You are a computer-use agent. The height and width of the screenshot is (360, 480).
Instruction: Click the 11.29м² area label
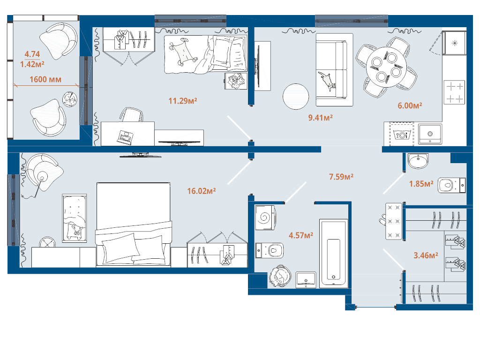point(183,101)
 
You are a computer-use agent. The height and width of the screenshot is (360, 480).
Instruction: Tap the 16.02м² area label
point(202,191)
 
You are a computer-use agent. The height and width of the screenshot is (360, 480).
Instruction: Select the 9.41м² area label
point(321,118)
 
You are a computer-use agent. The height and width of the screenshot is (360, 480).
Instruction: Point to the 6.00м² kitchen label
point(410,105)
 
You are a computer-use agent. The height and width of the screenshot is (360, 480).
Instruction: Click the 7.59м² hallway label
point(341,177)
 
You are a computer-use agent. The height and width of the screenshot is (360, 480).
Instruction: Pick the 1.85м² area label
point(421,184)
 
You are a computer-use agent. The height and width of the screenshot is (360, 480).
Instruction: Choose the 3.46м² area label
point(426,255)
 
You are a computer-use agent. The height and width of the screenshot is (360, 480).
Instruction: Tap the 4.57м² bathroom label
point(301,235)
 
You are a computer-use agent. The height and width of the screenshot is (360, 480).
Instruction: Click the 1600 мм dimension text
point(45,80)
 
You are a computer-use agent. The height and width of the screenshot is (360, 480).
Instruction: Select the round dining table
point(386,67)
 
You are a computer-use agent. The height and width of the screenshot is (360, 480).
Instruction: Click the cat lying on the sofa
point(327,81)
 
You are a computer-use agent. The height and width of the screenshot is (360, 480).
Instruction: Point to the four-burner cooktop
point(454,92)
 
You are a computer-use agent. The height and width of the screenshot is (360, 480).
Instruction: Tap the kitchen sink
point(430,134)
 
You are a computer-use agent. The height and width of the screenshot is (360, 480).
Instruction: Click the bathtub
point(333,254)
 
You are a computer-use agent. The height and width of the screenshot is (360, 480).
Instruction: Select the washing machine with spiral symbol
point(265,217)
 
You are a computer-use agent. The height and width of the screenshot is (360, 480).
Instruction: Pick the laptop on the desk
point(125,136)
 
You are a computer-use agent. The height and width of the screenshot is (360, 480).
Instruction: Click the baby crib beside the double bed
point(75,218)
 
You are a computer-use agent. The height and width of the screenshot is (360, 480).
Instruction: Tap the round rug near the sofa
point(296,97)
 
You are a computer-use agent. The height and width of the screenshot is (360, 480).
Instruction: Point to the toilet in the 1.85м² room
point(451,186)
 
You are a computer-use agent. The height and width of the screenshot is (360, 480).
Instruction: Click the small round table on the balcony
point(70,99)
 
